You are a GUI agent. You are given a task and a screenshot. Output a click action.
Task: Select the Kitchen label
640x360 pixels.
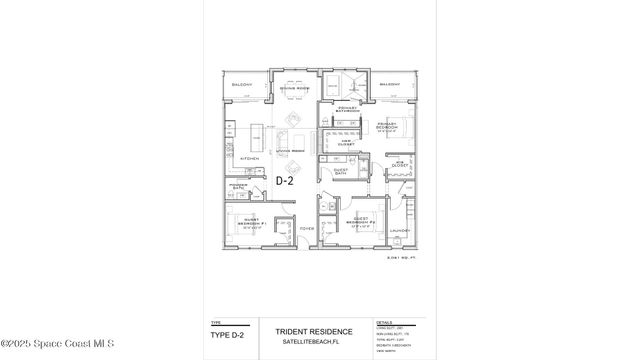250,158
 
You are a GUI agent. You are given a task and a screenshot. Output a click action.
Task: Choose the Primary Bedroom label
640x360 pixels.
387,127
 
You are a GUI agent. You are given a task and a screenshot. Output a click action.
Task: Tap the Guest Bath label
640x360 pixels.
341,171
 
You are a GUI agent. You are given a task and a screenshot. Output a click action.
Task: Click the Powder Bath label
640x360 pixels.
238,186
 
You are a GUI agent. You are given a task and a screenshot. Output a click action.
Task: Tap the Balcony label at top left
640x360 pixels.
241,85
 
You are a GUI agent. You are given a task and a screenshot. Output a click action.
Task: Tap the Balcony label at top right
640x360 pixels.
391,85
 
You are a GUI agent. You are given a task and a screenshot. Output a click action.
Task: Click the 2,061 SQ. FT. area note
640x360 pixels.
399,258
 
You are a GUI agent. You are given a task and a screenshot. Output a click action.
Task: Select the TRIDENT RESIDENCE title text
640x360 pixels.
315,331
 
